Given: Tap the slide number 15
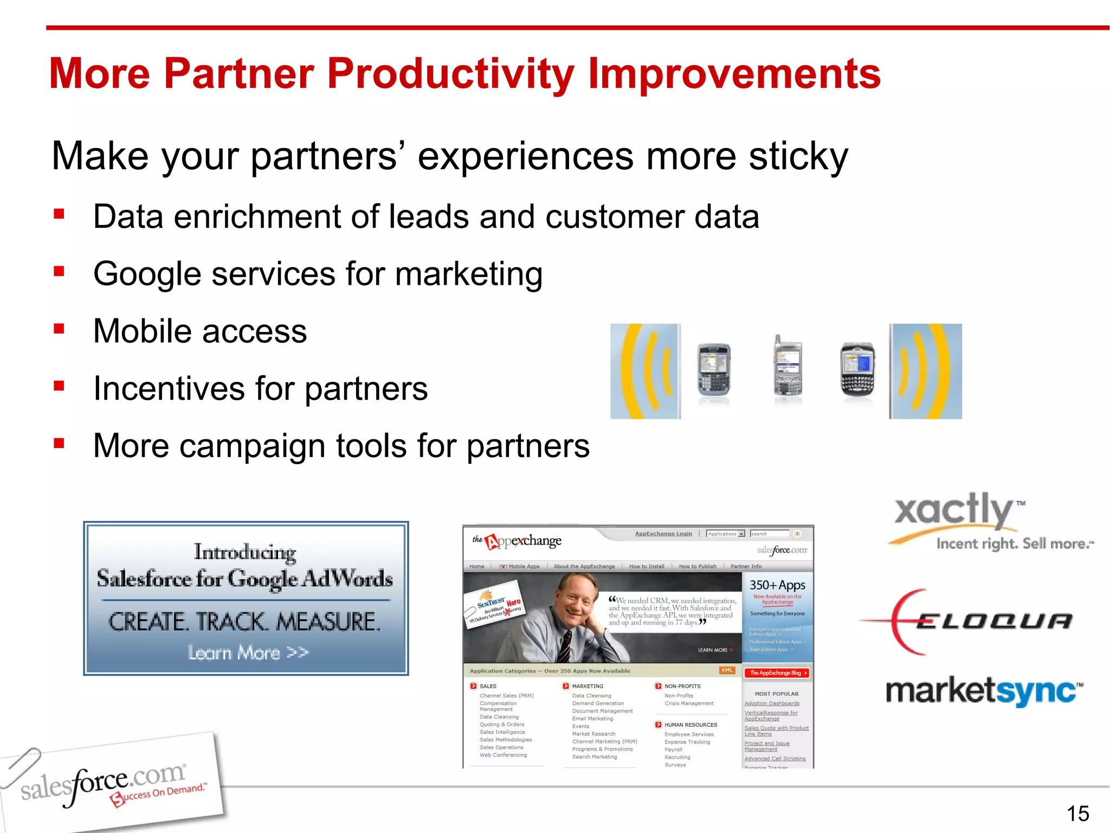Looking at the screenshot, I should [x=1077, y=813].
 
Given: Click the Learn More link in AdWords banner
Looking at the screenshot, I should [x=248, y=652].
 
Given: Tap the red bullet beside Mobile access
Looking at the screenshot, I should [x=59, y=329].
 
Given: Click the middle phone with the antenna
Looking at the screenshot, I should [x=787, y=369].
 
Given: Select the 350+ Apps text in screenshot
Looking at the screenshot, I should [x=777, y=585].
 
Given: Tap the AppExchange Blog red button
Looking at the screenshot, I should [x=777, y=672].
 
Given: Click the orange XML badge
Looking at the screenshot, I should [x=726, y=670].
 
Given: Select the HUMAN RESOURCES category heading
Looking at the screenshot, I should [x=690, y=725].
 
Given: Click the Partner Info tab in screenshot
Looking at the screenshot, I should [x=745, y=566].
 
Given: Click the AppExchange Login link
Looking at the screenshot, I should [x=663, y=534].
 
